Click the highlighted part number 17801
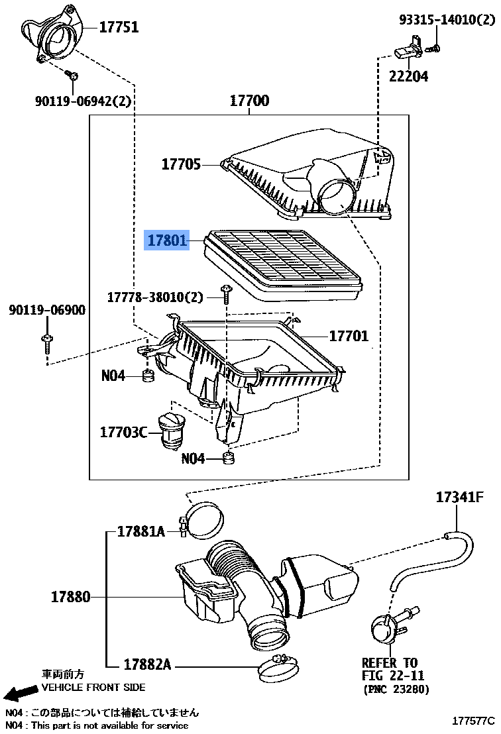pyautogui.click(x=167, y=240)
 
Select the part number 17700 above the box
pyautogui.click(x=250, y=101)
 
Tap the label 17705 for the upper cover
pyautogui.click(x=181, y=164)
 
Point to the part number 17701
pyautogui.click(x=349, y=336)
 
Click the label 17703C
pyautogui.click(x=124, y=432)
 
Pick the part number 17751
pyautogui.click(x=119, y=27)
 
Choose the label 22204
pyautogui.click(x=408, y=76)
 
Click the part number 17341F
pyautogui.click(x=460, y=497)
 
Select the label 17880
pyautogui.click(x=71, y=597)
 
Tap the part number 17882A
pyautogui.click(x=147, y=664)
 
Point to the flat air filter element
pyautogui.click(x=283, y=264)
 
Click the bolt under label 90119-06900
pyautogui.click(x=47, y=344)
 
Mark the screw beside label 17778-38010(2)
pyautogui.click(x=226, y=295)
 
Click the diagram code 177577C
pyautogui.click(x=473, y=721)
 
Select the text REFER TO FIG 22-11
pyautogui.click(x=392, y=669)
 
